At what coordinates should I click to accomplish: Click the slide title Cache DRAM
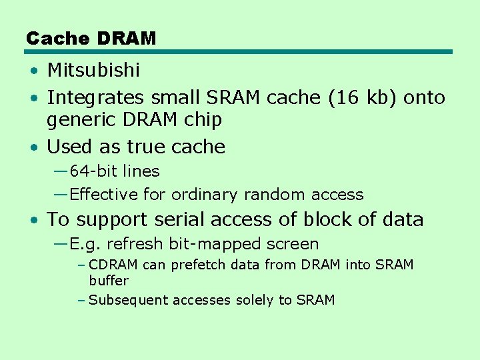pyautogui.click(x=91, y=39)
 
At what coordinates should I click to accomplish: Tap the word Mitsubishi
pyautogui.click(x=93, y=70)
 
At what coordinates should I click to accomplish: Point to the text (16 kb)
pyautogui.click(x=361, y=98)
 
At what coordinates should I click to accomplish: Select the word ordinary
pyautogui.click(x=203, y=195)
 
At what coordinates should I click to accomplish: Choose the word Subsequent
pyautogui.click(x=129, y=301)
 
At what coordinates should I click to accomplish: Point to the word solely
pyautogui.click(x=256, y=301)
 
